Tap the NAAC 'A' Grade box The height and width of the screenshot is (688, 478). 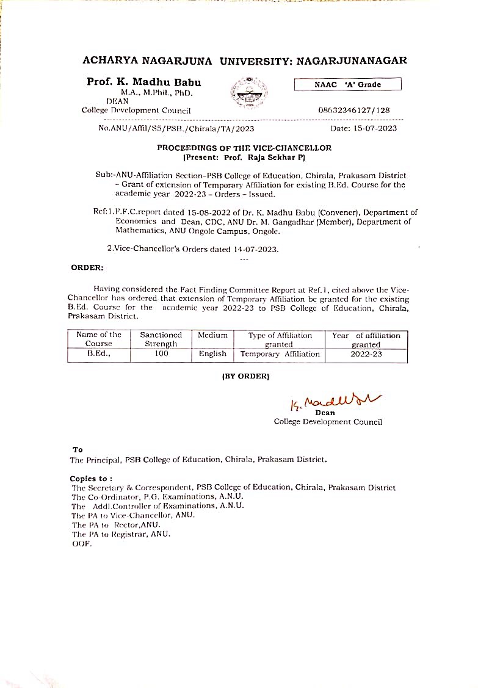pos(347,85)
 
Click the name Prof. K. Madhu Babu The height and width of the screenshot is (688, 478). pos(143,82)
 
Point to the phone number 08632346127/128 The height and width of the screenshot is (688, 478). pos(354,110)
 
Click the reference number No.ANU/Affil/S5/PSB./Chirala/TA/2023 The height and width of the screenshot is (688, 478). pos(176,128)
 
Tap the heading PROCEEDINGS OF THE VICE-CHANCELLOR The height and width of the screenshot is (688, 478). pos(244,148)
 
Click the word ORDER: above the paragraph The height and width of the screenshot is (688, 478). pos(87,267)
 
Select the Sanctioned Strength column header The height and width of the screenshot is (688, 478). pos(161,339)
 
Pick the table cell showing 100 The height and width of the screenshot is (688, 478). pos(161,353)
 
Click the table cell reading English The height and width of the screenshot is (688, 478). pos(212,353)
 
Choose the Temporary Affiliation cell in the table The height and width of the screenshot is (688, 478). pos(280,353)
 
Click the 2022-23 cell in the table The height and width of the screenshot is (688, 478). pos(366,353)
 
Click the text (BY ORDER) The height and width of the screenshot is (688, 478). pos(245,376)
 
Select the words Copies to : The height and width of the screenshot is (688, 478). pos(91,479)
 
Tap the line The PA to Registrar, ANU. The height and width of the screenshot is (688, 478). pos(121,534)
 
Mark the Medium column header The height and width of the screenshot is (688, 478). pos(212,335)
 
